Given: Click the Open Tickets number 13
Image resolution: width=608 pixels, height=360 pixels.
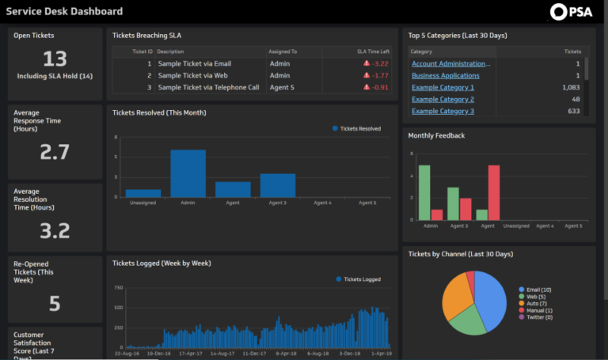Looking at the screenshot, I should [55, 59].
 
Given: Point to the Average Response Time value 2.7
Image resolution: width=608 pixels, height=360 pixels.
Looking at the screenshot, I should [55, 153].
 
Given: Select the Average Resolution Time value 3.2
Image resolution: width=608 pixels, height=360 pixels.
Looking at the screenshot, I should [55, 230].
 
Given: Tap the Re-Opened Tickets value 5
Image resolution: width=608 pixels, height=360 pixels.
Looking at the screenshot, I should [55, 303].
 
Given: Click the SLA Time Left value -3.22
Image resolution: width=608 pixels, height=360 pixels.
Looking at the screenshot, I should [380, 63].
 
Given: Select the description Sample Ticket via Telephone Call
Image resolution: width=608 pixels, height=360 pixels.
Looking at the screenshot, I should [207, 87].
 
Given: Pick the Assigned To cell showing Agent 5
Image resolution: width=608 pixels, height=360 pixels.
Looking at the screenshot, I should [282, 87].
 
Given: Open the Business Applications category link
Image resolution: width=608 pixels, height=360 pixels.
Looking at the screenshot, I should [446, 75].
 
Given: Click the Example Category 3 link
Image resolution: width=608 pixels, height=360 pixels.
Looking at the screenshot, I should [443, 111].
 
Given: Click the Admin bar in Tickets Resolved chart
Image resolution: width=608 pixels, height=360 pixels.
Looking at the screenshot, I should [188, 173].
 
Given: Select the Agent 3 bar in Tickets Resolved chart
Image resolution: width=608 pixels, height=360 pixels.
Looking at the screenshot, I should [277, 185].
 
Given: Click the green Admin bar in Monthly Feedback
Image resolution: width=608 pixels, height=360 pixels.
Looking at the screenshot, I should [424, 193].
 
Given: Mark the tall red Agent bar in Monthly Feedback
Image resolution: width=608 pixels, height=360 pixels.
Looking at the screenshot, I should [494, 193].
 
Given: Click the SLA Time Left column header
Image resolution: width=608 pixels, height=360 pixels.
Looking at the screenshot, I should [372, 51].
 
